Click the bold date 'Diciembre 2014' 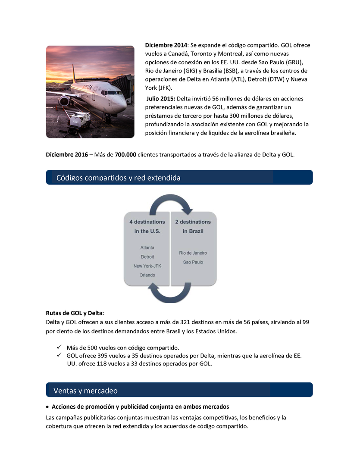[x=166, y=45]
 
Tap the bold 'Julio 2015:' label [x=160, y=99]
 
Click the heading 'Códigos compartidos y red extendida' [x=119, y=178]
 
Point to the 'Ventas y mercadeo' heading [x=85, y=391]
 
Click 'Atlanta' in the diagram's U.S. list [x=147, y=248]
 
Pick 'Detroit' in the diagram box [x=147, y=257]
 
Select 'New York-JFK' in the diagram [x=147, y=266]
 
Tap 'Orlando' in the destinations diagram [x=147, y=275]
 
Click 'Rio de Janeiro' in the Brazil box [x=193, y=253]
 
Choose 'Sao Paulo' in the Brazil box [x=193, y=262]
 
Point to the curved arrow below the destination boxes [x=170, y=294]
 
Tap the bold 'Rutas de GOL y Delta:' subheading [x=75, y=313]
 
